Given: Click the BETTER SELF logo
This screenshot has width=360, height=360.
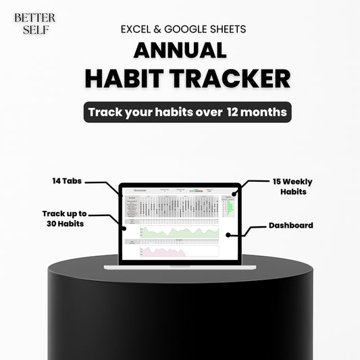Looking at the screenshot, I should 34,24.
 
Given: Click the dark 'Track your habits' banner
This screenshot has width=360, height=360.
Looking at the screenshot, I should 187,112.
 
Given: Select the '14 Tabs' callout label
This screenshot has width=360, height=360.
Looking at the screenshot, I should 68,181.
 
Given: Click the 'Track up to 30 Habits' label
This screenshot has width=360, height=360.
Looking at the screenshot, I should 64,217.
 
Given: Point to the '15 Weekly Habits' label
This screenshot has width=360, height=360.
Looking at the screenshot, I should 292,186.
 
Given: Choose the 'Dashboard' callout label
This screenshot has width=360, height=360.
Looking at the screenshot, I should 290,225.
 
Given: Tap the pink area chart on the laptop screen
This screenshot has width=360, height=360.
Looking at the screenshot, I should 162,252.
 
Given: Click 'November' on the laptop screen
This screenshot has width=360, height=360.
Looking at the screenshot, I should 140,190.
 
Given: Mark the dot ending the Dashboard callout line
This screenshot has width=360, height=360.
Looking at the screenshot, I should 229,235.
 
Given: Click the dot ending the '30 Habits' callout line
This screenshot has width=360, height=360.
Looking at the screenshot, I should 126,228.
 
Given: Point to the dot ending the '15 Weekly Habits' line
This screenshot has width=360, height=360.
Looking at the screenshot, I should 234,194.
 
